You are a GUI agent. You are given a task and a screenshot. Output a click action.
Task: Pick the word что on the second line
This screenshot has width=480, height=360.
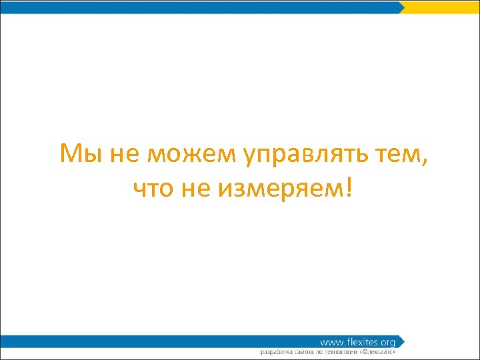pos(153,190)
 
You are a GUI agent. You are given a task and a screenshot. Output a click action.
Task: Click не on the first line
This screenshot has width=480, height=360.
pos(120,155)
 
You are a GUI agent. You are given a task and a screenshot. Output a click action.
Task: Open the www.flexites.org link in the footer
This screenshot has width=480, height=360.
pos(357,342)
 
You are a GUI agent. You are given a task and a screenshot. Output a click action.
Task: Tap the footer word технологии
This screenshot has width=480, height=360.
pos(345,351)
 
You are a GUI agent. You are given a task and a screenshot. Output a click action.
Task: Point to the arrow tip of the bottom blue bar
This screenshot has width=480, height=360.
pos(402,341)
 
